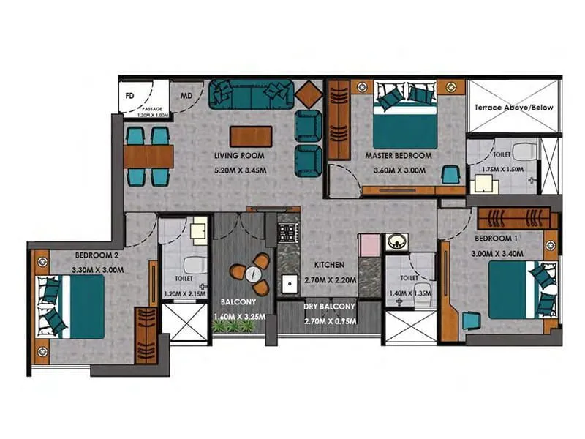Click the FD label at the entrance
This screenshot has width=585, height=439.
[x=130, y=95]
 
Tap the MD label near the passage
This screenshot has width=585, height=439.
[x=186, y=95]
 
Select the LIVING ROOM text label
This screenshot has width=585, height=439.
[x=239, y=156]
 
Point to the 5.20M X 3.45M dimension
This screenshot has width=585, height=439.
[x=239, y=173]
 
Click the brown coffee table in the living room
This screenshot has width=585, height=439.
[x=251, y=136]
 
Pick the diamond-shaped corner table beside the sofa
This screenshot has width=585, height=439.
[x=309, y=94]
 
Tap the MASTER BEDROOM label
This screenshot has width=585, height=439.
[x=399, y=155]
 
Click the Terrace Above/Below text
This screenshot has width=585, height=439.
[x=513, y=108]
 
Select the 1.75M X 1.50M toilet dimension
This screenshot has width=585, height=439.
[x=503, y=170]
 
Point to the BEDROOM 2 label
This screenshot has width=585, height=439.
[x=97, y=255]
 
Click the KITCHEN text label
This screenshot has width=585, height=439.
[x=329, y=265]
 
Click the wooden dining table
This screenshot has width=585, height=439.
[x=148, y=156]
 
